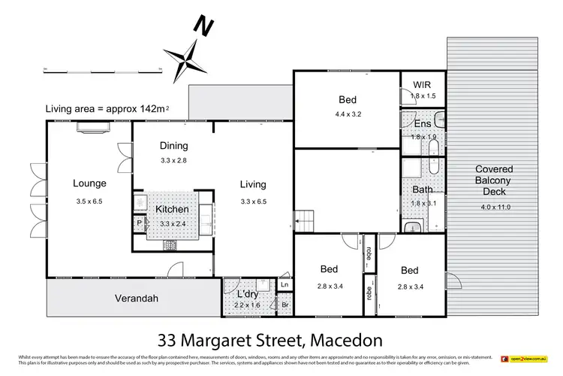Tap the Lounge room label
[x=89, y=183]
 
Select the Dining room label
[x=173, y=146]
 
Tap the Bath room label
[x=423, y=190]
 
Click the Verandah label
[x=115, y=299]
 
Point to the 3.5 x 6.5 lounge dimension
[x=89, y=202]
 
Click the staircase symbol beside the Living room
[x=305, y=222]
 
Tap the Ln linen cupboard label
[x=285, y=286]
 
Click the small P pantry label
[x=139, y=223]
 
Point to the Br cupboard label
[x=285, y=306]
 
